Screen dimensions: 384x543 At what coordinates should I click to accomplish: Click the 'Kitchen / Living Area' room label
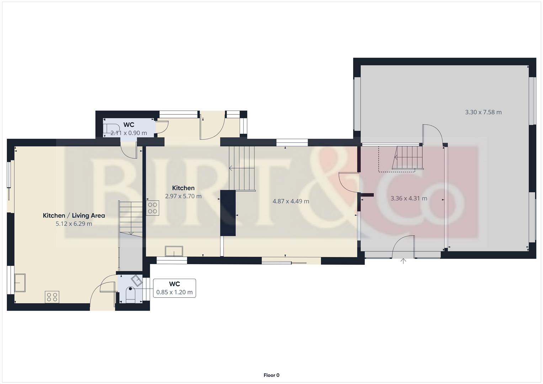(x=74, y=215)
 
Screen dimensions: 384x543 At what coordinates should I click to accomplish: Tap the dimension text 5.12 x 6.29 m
(x=74, y=224)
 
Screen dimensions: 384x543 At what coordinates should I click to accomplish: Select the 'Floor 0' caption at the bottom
(x=271, y=375)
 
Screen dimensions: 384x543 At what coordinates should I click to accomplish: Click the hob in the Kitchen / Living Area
(x=52, y=297)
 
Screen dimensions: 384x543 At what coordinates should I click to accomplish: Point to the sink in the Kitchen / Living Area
(x=20, y=283)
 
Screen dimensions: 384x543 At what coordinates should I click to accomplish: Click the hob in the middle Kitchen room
(x=153, y=208)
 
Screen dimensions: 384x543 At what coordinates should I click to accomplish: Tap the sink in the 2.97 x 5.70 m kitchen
(x=174, y=251)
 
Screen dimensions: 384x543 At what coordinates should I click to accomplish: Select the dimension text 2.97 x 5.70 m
(x=183, y=196)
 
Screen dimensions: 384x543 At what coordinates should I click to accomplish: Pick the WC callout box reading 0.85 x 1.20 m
(x=174, y=288)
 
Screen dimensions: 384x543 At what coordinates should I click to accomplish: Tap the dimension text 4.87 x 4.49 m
(x=291, y=201)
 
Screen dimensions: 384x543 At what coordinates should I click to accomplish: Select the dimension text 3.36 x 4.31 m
(x=409, y=198)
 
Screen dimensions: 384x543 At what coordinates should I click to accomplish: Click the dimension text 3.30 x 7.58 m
(x=483, y=112)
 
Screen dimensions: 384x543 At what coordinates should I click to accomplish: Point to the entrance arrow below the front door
(x=403, y=261)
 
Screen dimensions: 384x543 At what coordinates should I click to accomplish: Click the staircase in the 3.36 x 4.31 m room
(x=408, y=158)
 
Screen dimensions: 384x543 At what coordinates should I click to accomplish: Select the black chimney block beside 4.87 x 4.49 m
(x=228, y=213)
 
